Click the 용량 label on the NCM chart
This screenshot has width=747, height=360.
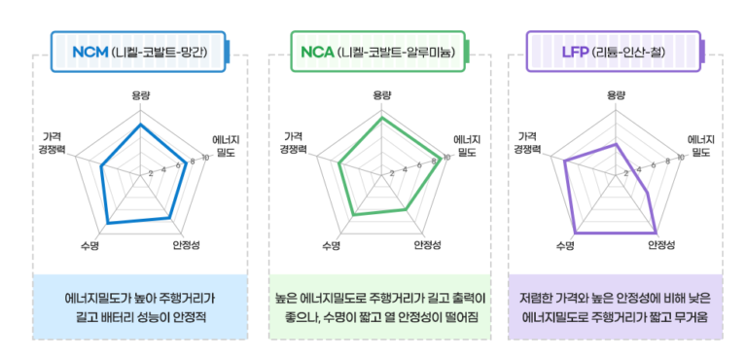pyautogui.click(x=141, y=95)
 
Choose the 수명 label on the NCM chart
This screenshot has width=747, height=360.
pyautogui.click(x=90, y=245)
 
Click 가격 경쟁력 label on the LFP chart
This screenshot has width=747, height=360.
pyautogui.click(x=528, y=142)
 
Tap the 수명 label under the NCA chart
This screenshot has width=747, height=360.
pyautogui.click(x=331, y=245)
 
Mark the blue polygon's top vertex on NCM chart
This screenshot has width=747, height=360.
pyautogui.click(x=141, y=125)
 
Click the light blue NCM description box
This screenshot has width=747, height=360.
pyautogui.click(x=139, y=307)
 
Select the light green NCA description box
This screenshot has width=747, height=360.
pyautogui.click(x=380, y=307)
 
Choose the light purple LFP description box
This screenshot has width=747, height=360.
pyautogui.click(x=616, y=307)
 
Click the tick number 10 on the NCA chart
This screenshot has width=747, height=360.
pyautogui.click(x=446, y=158)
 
